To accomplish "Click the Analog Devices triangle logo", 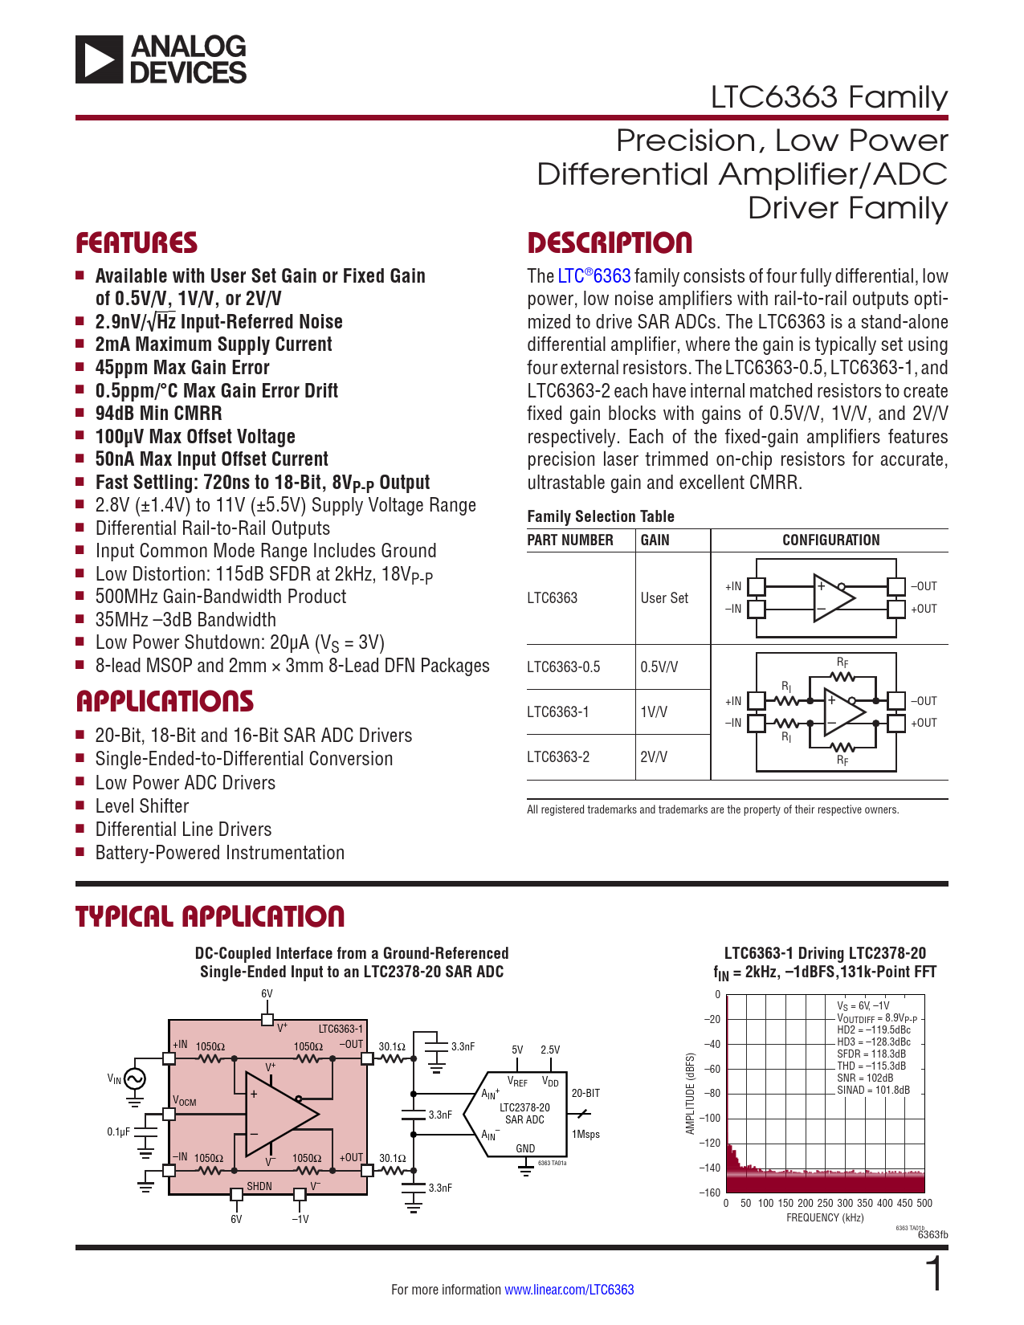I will pos(99,59).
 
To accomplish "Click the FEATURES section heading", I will pos(137,243).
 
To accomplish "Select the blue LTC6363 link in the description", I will pos(594,276).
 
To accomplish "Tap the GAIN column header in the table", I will pos(655,540).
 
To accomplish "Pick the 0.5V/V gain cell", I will pos(659,667).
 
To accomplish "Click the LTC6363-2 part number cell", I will pos(558,757).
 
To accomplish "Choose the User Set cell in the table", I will pos(664,598).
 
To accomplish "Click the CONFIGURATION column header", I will pos(830,540).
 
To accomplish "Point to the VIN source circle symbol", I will pos(135,1079).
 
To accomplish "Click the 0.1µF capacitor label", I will pos(118,1131).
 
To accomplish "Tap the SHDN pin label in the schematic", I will pos(259,1186).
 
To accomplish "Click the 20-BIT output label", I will pos(585,1094).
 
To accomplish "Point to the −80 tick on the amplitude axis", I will pos(712,1094).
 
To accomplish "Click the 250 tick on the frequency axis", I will pos(825,1203).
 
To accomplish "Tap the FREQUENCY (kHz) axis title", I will pos(825,1217).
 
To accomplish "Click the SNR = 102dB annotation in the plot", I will pos(865,1078).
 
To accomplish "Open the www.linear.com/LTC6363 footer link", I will pos(569,1290).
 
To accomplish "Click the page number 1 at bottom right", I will pos(934,1274).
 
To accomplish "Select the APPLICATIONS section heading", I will pos(165,701).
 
